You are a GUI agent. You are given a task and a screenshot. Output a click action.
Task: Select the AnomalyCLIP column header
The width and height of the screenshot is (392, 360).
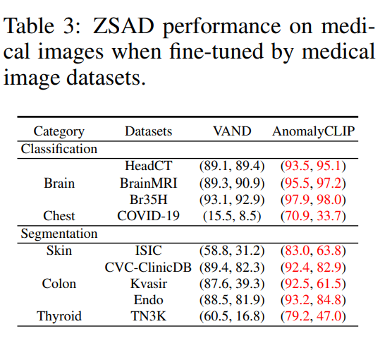coord(314,131)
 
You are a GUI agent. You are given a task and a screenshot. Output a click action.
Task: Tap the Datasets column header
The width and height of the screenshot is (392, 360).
coord(148,131)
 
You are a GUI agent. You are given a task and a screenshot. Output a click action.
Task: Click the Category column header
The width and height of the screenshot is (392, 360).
coord(59,131)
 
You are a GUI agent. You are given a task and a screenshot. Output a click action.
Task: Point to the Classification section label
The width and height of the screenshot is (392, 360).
coord(59,149)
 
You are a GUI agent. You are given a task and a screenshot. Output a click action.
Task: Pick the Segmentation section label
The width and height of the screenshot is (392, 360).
coord(59,233)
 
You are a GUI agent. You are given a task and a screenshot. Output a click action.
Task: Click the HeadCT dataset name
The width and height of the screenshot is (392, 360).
coord(148,166)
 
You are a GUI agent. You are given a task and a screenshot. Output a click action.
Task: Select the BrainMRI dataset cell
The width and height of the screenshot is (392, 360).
coord(148,182)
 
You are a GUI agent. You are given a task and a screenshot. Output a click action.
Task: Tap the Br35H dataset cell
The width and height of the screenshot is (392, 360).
coord(148,199)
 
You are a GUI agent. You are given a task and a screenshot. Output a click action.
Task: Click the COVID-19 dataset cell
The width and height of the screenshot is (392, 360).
coord(148,216)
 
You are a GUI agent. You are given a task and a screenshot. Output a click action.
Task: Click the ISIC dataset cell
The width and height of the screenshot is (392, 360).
coord(148,250)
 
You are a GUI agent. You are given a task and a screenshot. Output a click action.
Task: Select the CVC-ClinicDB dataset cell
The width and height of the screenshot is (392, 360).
coord(148,267)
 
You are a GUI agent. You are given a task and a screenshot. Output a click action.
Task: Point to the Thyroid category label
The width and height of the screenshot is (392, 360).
coord(59,316)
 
